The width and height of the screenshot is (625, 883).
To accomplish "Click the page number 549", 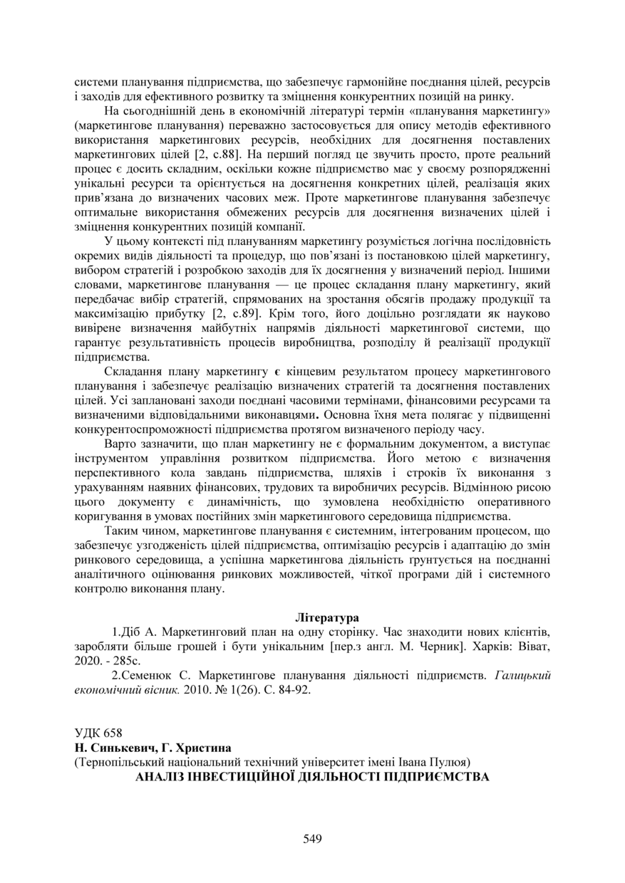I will click(x=312, y=839).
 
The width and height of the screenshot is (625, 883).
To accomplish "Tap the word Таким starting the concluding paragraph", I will click(x=122, y=531).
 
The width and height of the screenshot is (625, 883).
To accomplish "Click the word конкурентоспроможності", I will click(x=148, y=429).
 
